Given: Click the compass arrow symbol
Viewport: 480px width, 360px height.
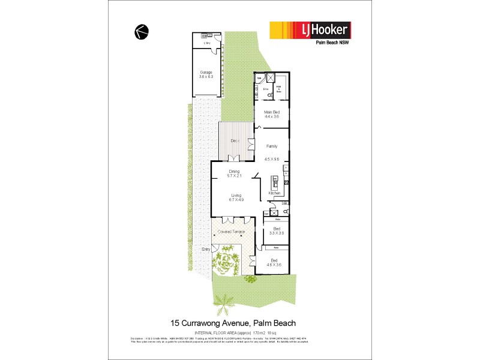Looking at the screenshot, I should pos(142,32).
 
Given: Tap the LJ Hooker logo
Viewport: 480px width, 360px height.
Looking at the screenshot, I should pos(310,29).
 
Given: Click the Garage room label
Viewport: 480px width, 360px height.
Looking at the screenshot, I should pos(206,73).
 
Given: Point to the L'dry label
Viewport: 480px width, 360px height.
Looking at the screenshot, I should pos(207,44).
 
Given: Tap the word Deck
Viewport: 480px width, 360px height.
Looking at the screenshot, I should pos(235,140).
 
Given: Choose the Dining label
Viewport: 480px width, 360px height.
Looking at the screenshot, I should pos(233,172).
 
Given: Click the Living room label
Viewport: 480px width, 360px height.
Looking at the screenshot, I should pos(237,195).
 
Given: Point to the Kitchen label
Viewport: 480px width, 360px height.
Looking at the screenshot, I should pos(275,193).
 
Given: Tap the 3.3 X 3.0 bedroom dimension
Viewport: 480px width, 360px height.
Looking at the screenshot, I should pos(277,233).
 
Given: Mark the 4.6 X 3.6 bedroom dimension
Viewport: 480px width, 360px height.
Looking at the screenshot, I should pos(274,264).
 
